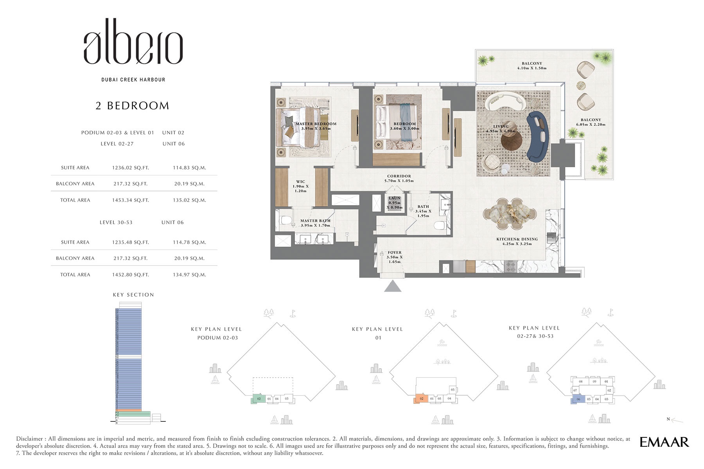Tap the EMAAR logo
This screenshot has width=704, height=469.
click(664, 442)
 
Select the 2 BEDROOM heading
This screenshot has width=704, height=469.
click(132, 106)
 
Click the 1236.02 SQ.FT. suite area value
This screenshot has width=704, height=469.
click(130, 168)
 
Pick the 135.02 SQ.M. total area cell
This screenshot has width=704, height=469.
click(189, 200)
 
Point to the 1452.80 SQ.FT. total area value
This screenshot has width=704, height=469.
click(130, 275)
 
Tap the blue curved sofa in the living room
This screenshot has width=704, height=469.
click(537, 137)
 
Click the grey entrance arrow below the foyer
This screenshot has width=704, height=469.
click(393, 287)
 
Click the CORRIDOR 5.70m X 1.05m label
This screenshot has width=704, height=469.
click(399, 178)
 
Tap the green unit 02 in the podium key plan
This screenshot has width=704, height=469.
click(259, 399)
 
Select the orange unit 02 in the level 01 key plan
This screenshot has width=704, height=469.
click(421, 399)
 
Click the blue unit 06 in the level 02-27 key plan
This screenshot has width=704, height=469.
click(578, 399)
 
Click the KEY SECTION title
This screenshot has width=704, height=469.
click(133, 295)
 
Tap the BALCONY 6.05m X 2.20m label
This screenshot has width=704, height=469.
click(591, 122)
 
